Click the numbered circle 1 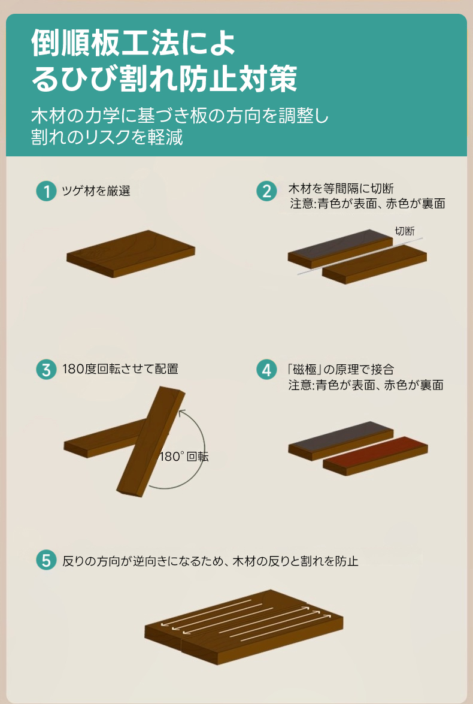pyautogui.click(x=46, y=191)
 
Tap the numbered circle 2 pyautogui.click(x=266, y=191)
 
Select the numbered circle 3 pyautogui.click(x=46, y=370)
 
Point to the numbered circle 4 pyautogui.click(x=266, y=370)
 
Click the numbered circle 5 pyautogui.click(x=46, y=560)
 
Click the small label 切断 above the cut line pyautogui.click(x=404, y=231)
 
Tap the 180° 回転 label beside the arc pyautogui.click(x=184, y=457)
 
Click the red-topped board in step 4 pyautogui.click(x=375, y=456)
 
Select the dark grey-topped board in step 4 pyautogui.click(x=340, y=440)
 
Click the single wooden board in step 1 pyautogui.click(x=131, y=253)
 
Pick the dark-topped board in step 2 pyautogui.click(x=340, y=249)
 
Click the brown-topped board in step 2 pyautogui.click(x=375, y=264)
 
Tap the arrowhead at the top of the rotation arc pyautogui.click(x=181, y=413)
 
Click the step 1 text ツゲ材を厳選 pyautogui.click(x=96, y=191)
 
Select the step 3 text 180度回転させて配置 pyautogui.click(x=120, y=369)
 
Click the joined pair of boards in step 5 pyautogui.click(x=244, y=627)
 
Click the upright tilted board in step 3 pyautogui.click(x=151, y=442)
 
